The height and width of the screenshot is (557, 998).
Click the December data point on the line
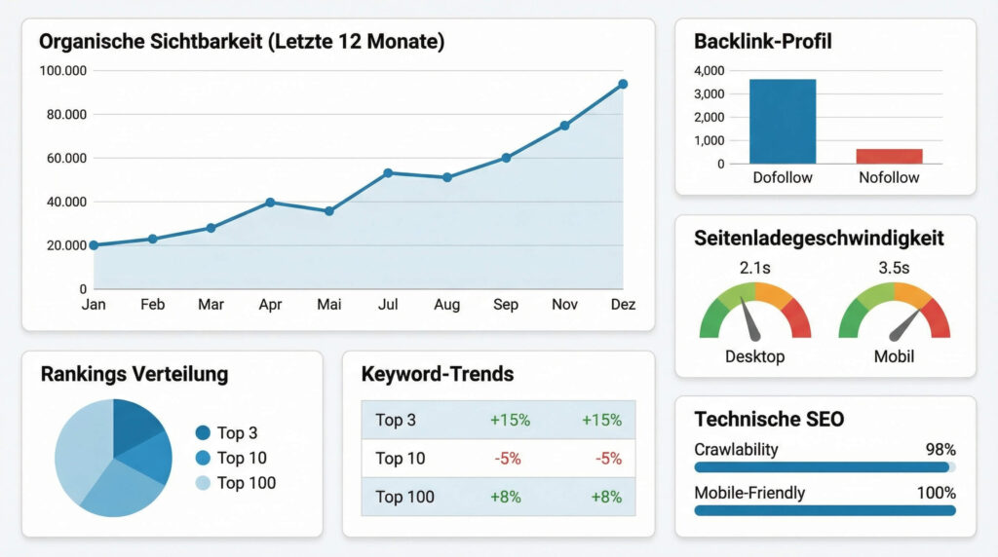click(x=622, y=85)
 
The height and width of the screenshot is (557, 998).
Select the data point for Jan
click(x=94, y=245)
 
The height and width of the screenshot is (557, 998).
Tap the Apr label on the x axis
click(x=270, y=305)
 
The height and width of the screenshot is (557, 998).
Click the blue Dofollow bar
click(x=783, y=121)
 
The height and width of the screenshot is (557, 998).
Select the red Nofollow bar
click(x=889, y=156)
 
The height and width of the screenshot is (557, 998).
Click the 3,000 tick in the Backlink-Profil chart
click(x=709, y=93)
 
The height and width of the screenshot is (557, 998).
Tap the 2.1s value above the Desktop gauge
click(x=755, y=268)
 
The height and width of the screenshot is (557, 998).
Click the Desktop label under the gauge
click(x=754, y=356)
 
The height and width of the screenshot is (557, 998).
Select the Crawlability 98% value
click(x=940, y=450)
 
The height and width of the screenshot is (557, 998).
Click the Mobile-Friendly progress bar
click(x=825, y=509)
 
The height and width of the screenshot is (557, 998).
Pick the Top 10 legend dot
click(x=203, y=458)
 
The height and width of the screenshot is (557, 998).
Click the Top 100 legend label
click(x=247, y=483)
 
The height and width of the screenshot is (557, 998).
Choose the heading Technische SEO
click(x=769, y=420)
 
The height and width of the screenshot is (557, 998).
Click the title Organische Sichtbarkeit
click(x=242, y=42)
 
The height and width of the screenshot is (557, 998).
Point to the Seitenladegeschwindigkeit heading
click(x=819, y=239)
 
